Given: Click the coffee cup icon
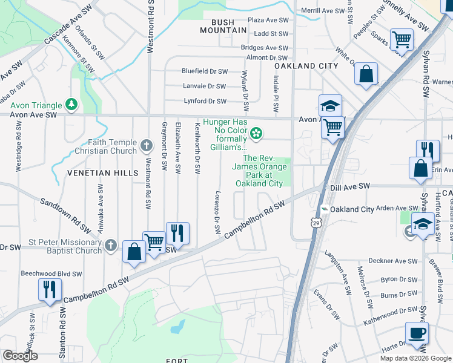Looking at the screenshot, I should coord(417,333).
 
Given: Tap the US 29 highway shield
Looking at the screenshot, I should coord(317,223).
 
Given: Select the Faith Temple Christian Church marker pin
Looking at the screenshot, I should coord(146,145).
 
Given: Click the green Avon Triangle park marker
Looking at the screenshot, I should coord(72,105).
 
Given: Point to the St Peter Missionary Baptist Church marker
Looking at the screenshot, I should coord(110,246).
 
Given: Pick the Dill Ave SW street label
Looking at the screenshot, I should coord(352,188).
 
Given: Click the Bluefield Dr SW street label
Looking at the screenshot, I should coord(205,71).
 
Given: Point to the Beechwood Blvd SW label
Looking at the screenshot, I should coord(51,273).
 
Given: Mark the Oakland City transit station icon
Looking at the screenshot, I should coord(325,209).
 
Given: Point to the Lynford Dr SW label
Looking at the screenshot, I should coord(205,101).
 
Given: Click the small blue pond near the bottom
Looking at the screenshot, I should coord(177,327).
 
